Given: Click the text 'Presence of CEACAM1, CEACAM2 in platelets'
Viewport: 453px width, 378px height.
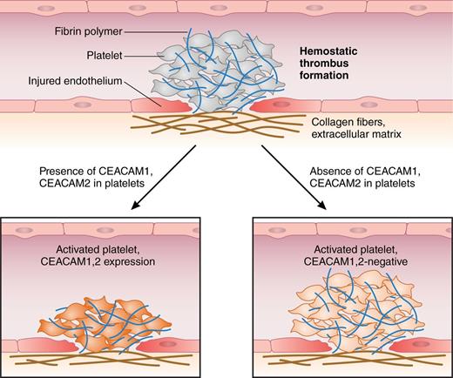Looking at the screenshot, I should (72, 177).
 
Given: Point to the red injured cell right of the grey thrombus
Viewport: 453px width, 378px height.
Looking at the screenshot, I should (278, 104).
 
